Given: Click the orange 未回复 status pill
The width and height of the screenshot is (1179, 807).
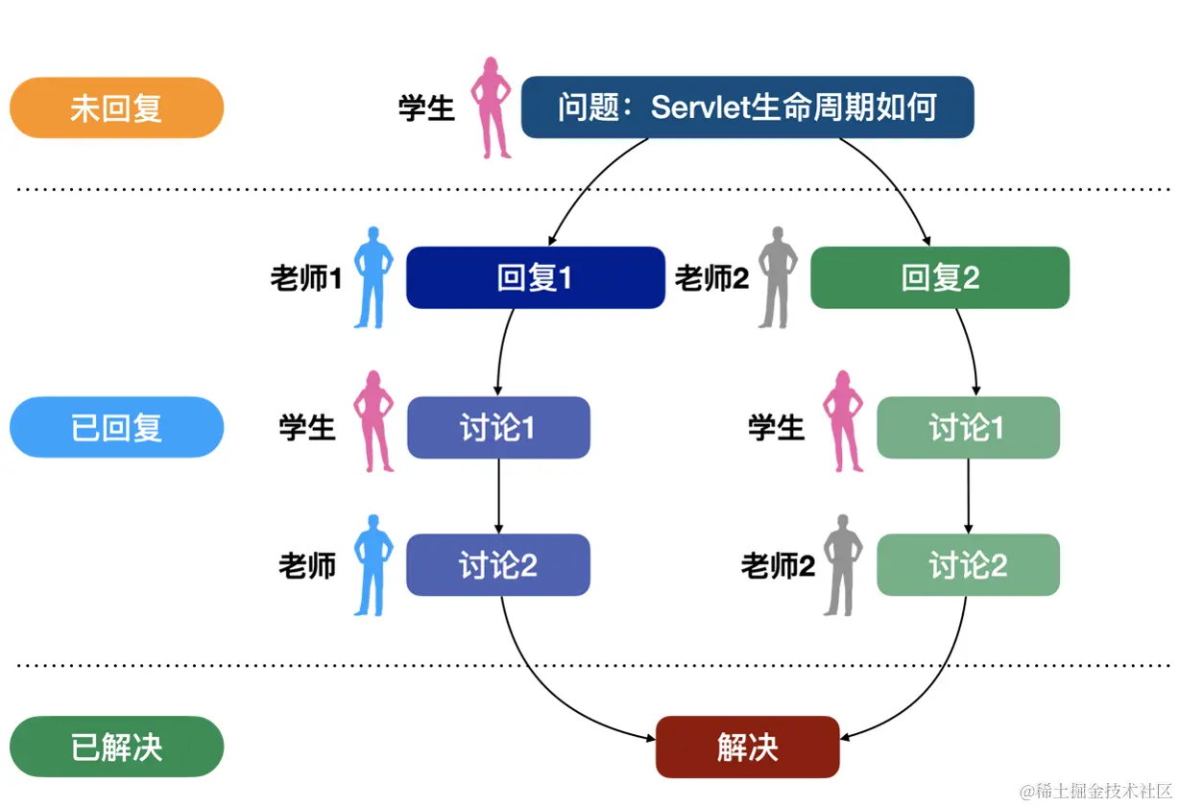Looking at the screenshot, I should [116, 107].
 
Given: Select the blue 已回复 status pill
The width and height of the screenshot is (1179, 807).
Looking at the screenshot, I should [116, 427].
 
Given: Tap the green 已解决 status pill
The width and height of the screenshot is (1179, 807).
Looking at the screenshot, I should [116, 747].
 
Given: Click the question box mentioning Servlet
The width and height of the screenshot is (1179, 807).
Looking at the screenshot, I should [747, 107].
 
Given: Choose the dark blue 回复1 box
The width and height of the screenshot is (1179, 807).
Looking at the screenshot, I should [535, 278].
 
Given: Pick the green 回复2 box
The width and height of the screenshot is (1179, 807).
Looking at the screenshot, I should [940, 278].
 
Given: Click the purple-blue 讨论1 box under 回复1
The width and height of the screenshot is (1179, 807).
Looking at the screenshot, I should [498, 427].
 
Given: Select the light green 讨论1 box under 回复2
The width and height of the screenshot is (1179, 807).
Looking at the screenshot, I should [968, 427].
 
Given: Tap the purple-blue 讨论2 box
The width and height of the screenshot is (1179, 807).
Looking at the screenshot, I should [498, 565].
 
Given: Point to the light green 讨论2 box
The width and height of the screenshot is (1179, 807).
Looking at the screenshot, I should [968, 565].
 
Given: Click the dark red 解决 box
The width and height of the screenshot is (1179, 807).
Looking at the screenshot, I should [747, 747].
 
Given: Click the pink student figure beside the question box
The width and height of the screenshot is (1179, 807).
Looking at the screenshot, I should [491, 107].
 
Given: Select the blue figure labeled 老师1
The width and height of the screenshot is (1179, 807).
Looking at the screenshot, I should [373, 278].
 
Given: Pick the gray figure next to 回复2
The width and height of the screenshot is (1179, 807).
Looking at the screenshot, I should [778, 278].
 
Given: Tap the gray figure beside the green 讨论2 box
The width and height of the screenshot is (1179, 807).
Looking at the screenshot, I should [842, 565].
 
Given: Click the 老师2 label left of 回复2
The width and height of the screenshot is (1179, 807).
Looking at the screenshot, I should [711, 279].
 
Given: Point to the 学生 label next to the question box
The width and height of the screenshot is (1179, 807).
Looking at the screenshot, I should [426, 107].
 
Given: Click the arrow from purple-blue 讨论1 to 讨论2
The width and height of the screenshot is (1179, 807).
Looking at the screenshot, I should [498, 496].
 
